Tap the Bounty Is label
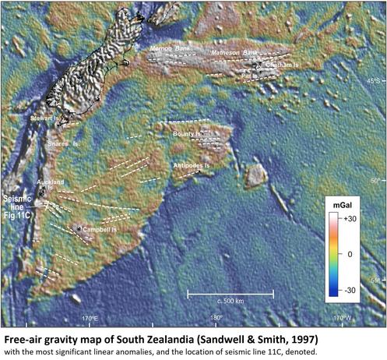[x=187, y=135]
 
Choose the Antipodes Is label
[x=193, y=166]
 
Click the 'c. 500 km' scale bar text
[x=230, y=300]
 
